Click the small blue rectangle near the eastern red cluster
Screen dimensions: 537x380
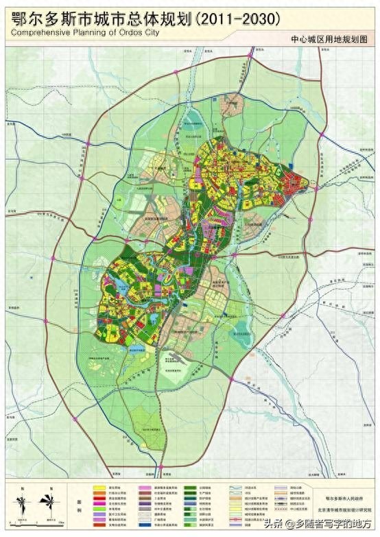click(x=293, y=165)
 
